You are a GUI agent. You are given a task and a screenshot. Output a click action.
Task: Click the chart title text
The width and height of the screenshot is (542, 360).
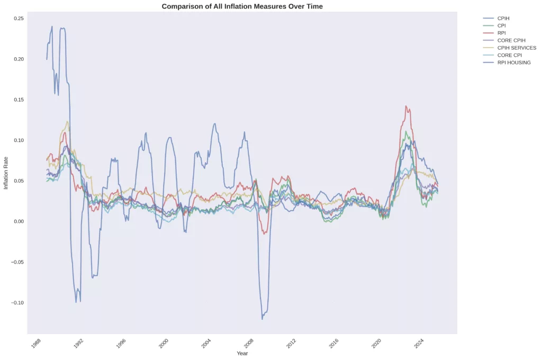[x=242, y=6]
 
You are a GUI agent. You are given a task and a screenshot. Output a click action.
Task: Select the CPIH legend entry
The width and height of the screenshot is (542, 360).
[x=503, y=19]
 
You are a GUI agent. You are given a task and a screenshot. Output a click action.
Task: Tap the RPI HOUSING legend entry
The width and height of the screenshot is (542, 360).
[x=514, y=62]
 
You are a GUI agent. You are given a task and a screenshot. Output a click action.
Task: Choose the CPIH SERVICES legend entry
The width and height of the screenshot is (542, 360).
[x=517, y=48]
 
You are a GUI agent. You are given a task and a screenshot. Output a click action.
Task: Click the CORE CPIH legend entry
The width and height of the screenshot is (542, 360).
[x=511, y=40]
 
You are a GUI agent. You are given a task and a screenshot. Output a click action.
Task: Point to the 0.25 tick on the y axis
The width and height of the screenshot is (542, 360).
[x=19, y=19]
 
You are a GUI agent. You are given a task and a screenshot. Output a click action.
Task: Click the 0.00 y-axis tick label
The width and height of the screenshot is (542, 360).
[x=19, y=221]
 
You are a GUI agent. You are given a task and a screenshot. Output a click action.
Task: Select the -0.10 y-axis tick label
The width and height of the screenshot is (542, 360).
[x=17, y=303]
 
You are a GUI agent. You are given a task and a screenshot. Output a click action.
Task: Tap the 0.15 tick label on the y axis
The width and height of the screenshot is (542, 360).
[x=19, y=100]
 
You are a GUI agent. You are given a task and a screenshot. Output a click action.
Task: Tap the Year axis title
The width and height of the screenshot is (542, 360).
[x=242, y=353]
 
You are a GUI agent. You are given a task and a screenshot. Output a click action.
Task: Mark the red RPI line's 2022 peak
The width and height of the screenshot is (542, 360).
[x=406, y=106]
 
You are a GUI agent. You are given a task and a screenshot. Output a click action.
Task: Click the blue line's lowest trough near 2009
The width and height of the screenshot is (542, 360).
[x=262, y=319]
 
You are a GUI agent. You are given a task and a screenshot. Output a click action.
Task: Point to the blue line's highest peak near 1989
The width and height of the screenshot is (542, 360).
[x=52, y=26]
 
